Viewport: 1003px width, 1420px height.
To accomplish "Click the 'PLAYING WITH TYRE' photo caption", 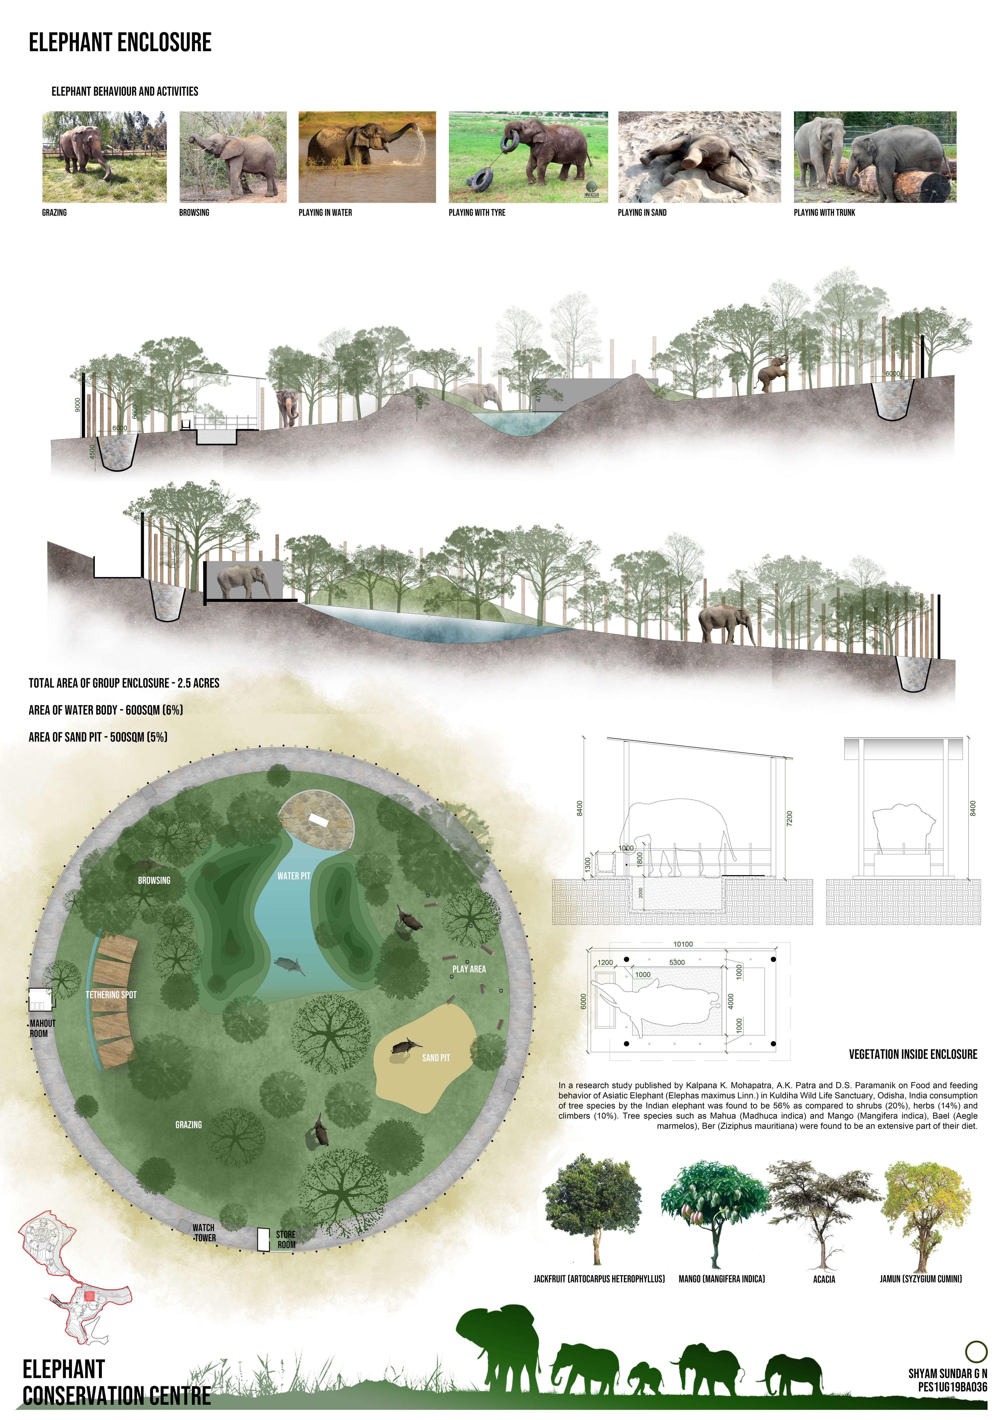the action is pyautogui.click(x=477, y=213).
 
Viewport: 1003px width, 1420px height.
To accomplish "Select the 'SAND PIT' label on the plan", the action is pyautogui.click(x=436, y=1058).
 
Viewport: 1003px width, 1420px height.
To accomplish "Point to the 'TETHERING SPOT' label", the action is pyautogui.click(x=111, y=995).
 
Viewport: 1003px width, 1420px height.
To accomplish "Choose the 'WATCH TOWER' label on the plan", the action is pyautogui.click(x=204, y=1233).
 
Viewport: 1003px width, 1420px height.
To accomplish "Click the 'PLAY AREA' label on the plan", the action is pyautogui.click(x=469, y=969).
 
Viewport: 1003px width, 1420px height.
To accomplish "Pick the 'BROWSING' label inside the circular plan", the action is pyautogui.click(x=154, y=880).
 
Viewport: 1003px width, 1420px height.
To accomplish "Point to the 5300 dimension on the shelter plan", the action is pyautogui.click(x=676, y=962).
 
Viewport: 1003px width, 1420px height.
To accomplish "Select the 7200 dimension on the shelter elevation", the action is pyautogui.click(x=789, y=818).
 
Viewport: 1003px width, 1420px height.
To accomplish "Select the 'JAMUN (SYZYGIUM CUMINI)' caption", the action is pyautogui.click(x=921, y=1278).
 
